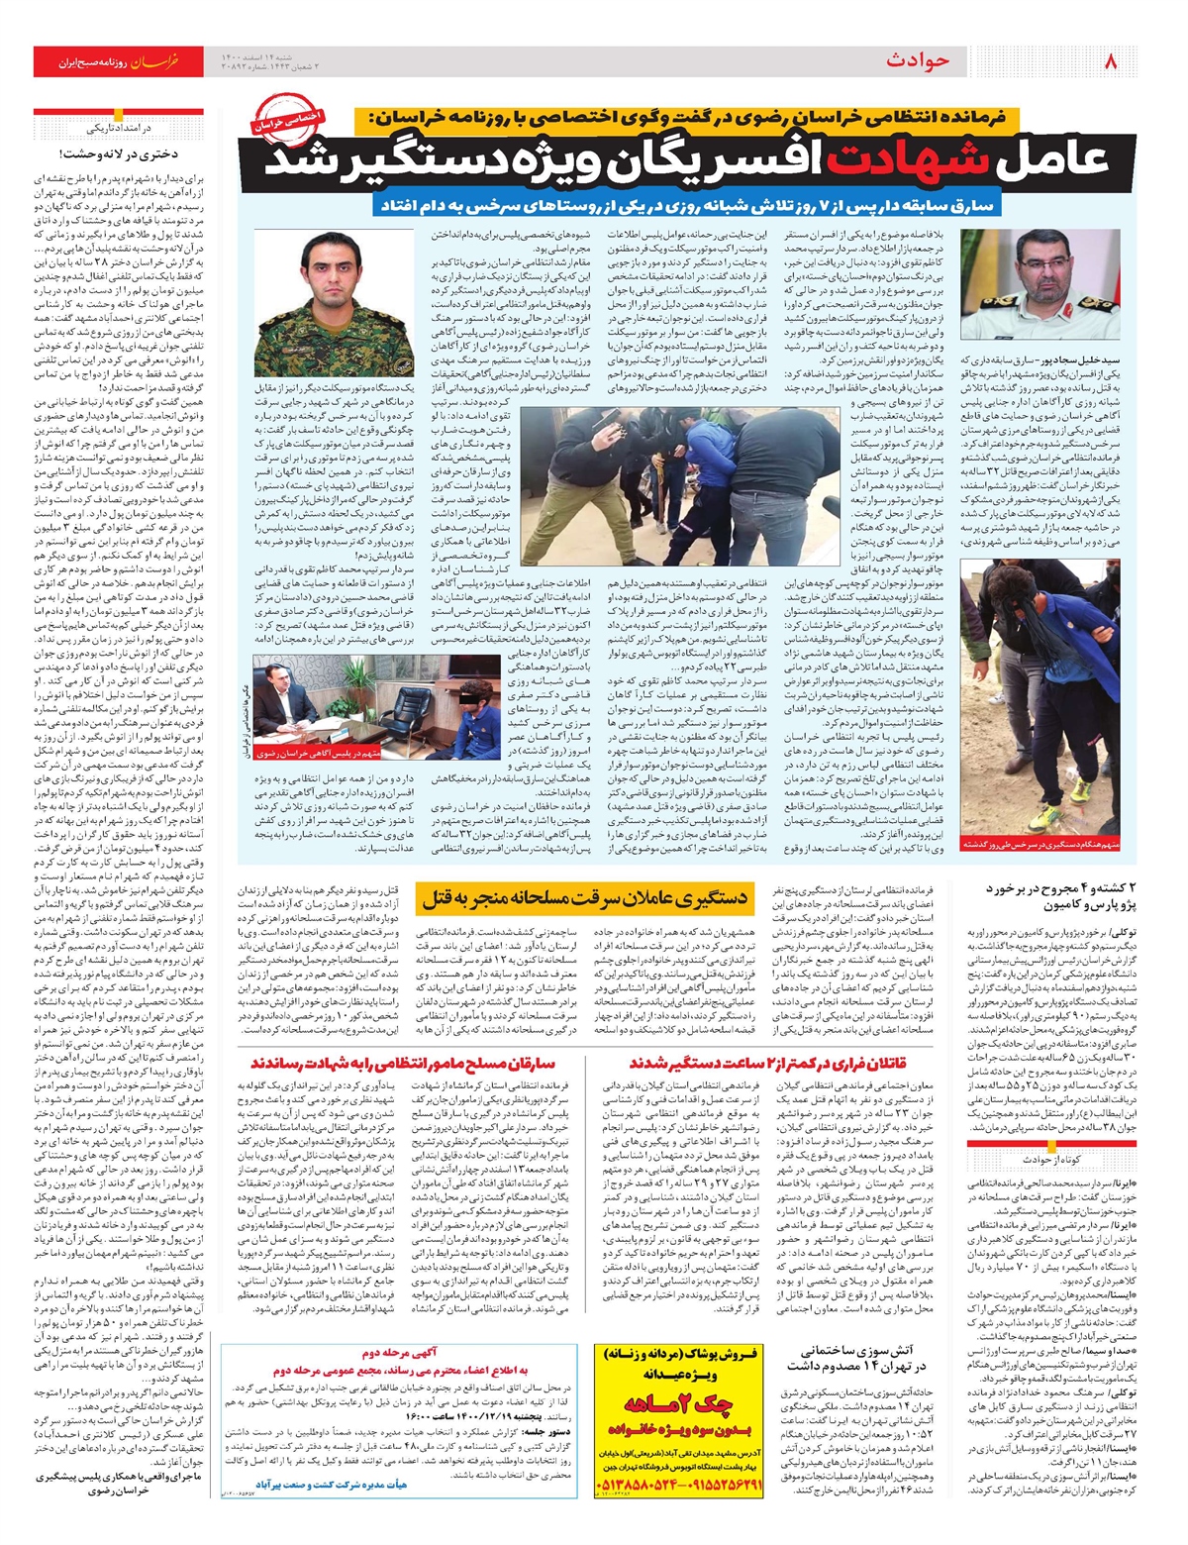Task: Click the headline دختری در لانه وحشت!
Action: (117, 154)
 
